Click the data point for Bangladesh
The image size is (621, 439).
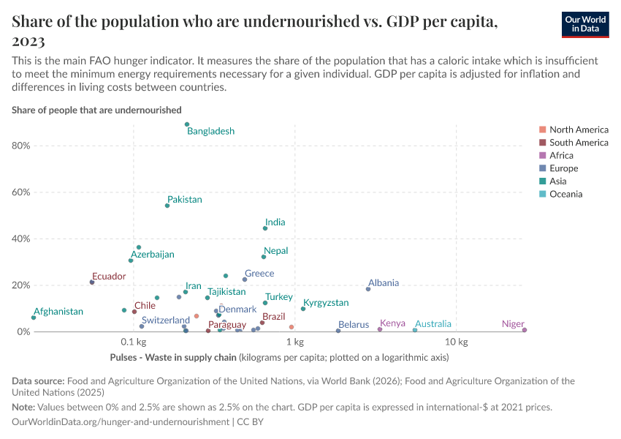click(x=187, y=124)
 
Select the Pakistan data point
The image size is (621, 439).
click(x=167, y=206)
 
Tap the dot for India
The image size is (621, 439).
click(x=265, y=228)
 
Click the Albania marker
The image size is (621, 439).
click(x=368, y=289)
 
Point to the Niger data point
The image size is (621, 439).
click(x=525, y=330)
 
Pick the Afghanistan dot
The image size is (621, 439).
click(x=34, y=318)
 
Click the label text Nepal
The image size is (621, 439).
click(x=275, y=251)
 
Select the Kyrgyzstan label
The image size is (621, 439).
click(x=326, y=303)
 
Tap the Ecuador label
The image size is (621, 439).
click(x=109, y=277)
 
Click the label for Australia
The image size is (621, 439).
click(x=433, y=324)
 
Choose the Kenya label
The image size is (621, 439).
click(x=392, y=323)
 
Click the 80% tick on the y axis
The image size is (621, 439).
click(x=20, y=146)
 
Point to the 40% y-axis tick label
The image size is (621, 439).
click(x=20, y=239)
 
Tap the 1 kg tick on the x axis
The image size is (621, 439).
click(x=294, y=342)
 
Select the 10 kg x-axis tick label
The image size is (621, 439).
click(x=457, y=342)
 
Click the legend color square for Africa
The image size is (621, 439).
click(x=541, y=155)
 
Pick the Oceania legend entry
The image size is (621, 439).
click(x=565, y=195)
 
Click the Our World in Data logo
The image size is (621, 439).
click(x=585, y=24)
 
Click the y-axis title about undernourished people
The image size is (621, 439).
click(x=96, y=110)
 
